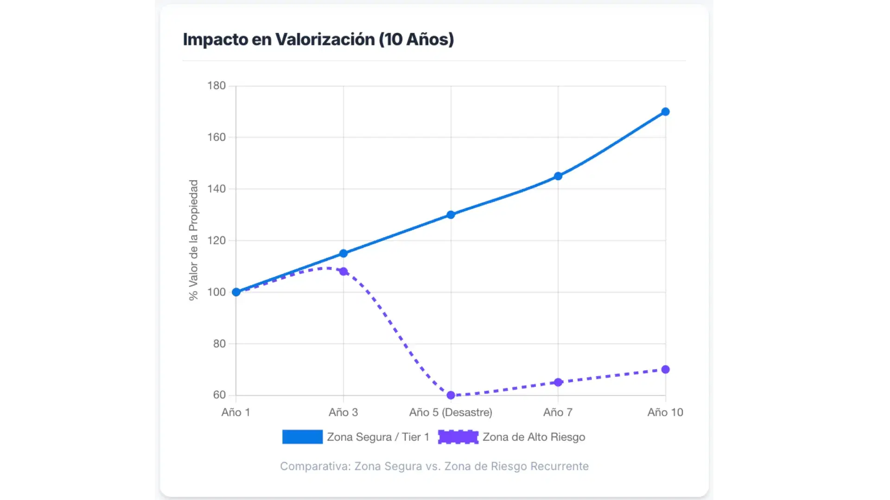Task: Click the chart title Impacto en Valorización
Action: [318, 39]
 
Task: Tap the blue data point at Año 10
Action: [665, 112]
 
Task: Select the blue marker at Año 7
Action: [558, 176]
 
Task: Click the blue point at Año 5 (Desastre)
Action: [451, 215]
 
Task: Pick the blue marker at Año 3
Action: [343, 253]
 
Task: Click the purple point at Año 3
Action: [343, 271]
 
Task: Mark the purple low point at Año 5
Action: [451, 395]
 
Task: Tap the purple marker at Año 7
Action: [558, 382]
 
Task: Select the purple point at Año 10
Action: [665, 369]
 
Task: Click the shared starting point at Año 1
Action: [236, 292]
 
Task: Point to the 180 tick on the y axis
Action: [216, 86]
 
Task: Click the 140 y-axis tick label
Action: [216, 189]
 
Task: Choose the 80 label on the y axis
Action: [219, 344]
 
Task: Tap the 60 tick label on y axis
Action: [219, 395]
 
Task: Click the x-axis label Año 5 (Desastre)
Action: [451, 412]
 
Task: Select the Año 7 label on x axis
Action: [558, 412]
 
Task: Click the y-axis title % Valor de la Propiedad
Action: [193, 240]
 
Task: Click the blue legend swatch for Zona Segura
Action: [302, 437]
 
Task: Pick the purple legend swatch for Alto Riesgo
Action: [458, 437]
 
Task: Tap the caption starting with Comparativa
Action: [434, 466]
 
